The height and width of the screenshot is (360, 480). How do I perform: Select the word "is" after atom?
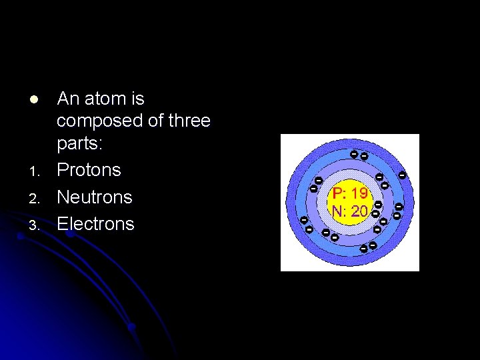click(x=137, y=99)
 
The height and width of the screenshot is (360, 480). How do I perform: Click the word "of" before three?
click(x=154, y=121)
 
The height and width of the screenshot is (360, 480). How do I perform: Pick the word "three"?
click(x=189, y=121)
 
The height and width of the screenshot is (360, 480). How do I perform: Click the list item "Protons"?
click(x=89, y=170)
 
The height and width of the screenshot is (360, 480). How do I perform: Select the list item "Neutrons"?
click(x=95, y=197)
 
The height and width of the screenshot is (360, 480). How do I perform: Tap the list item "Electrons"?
click(x=95, y=223)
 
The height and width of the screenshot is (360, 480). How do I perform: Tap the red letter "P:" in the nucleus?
click(x=339, y=193)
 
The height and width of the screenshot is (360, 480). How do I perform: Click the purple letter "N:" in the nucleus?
click(x=339, y=211)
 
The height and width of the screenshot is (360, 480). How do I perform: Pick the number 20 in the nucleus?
click(x=359, y=211)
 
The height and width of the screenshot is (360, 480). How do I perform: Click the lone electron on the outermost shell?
click(x=403, y=175)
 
